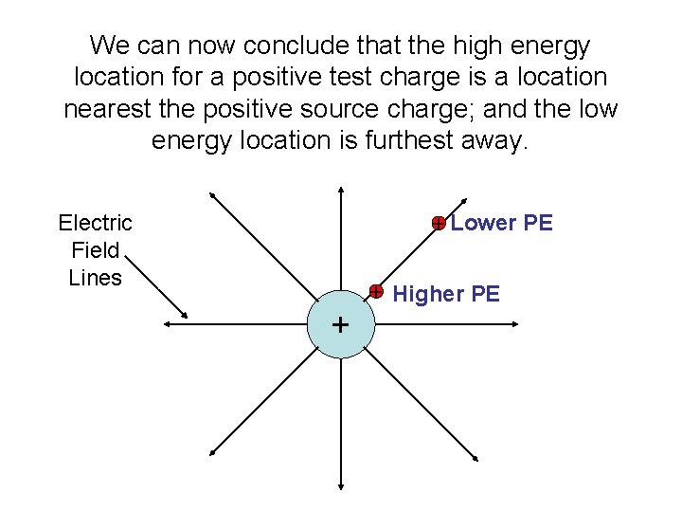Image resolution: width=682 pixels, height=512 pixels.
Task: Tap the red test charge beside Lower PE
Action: pos(439,223)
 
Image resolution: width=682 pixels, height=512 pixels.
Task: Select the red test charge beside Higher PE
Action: pos(376,290)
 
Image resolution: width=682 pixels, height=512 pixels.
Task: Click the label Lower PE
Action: pos(501,223)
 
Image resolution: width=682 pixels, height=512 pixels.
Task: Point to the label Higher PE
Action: pos(446,294)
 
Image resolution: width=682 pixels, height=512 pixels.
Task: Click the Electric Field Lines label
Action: pos(95,250)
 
